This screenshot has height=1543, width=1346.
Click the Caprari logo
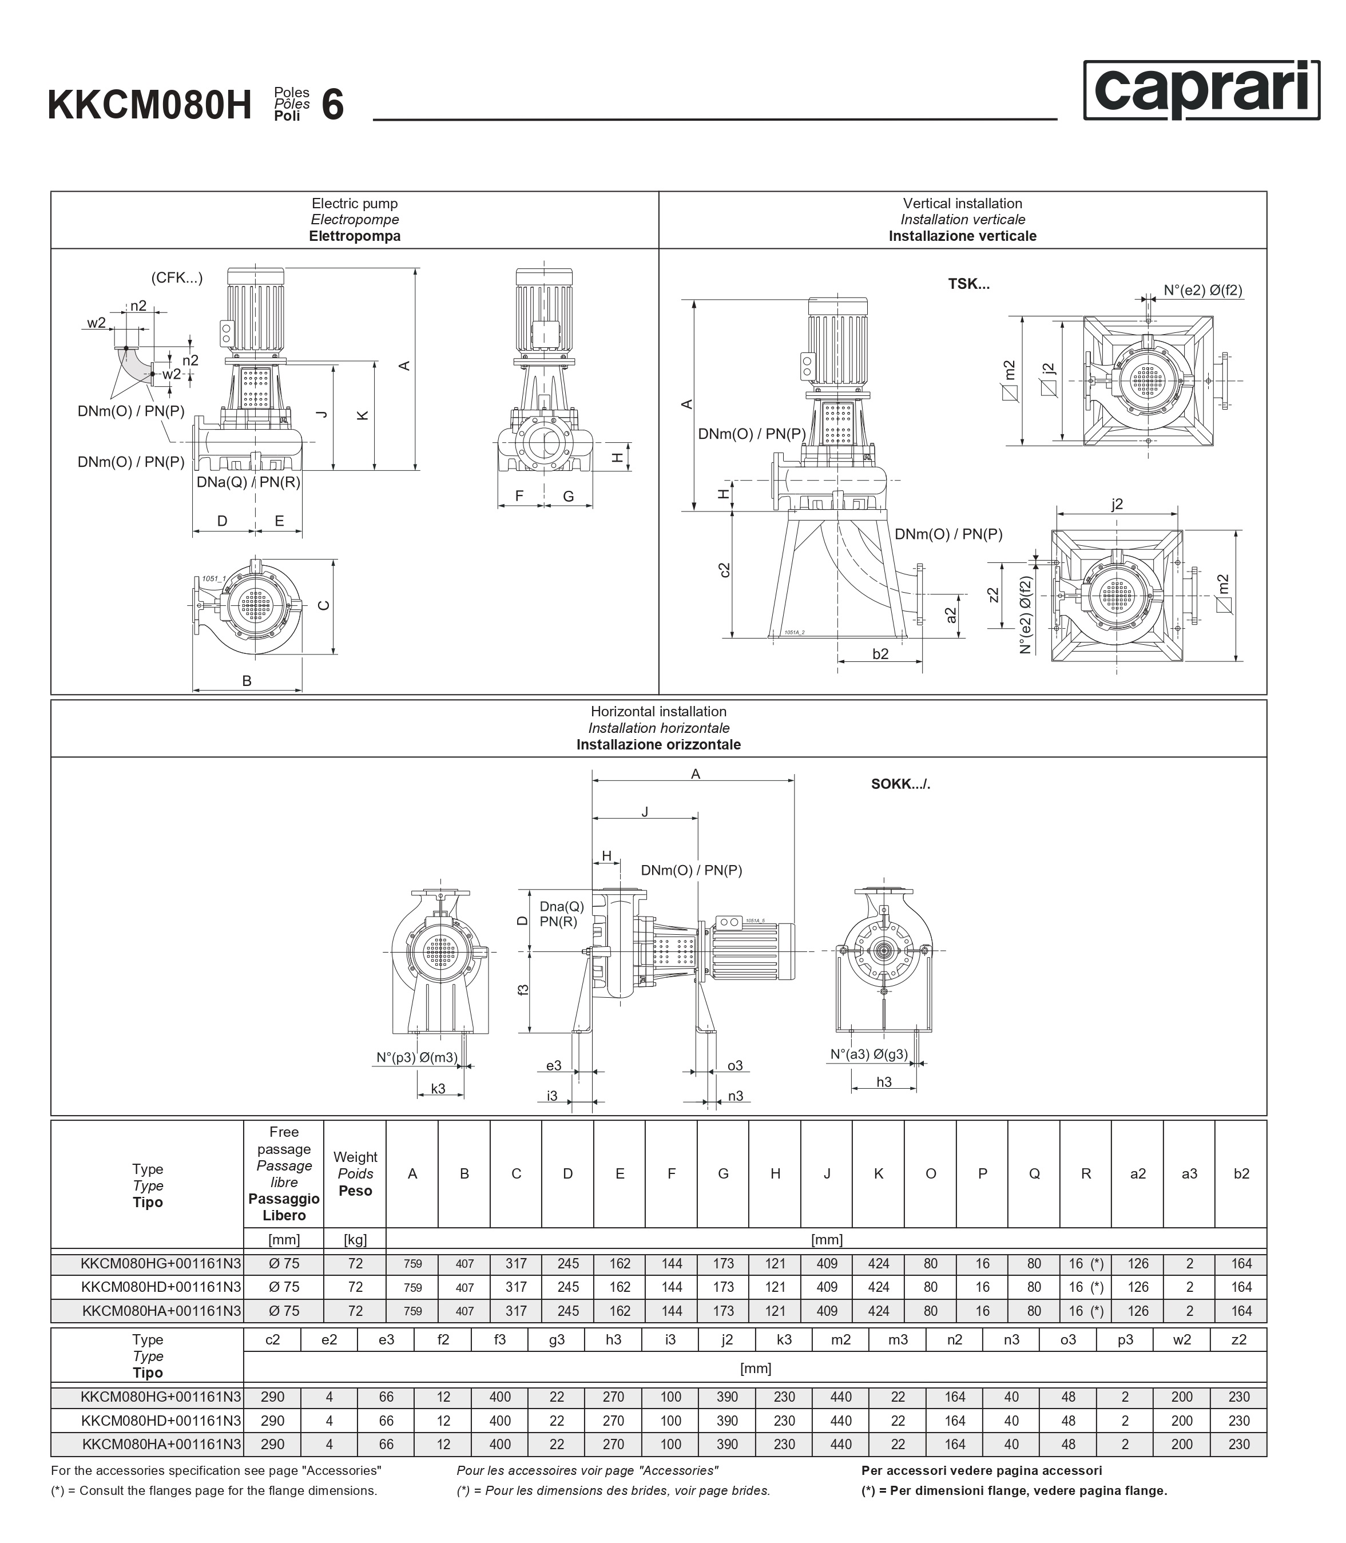tap(1201, 90)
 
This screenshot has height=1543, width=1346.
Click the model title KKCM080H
tap(149, 105)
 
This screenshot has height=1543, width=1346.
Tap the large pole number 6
tap(333, 105)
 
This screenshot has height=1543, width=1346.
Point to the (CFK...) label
tap(177, 278)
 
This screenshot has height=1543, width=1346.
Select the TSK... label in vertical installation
tap(969, 284)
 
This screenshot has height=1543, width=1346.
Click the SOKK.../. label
tap(900, 784)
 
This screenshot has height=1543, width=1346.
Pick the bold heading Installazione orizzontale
tap(659, 744)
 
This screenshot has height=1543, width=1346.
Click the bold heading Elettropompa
tap(355, 236)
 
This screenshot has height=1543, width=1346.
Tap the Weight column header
tap(355, 1157)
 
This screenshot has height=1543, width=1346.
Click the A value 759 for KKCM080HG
tap(412, 1264)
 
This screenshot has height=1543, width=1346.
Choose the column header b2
tap(1241, 1173)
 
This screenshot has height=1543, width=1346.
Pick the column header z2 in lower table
tap(1240, 1339)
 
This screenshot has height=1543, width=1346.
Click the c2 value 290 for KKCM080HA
tap(273, 1444)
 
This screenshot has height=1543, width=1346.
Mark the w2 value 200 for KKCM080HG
tap(1182, 1397)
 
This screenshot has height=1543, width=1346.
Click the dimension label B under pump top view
tap(247, 681)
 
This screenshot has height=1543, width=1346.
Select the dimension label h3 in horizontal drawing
tap(884, 1082)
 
